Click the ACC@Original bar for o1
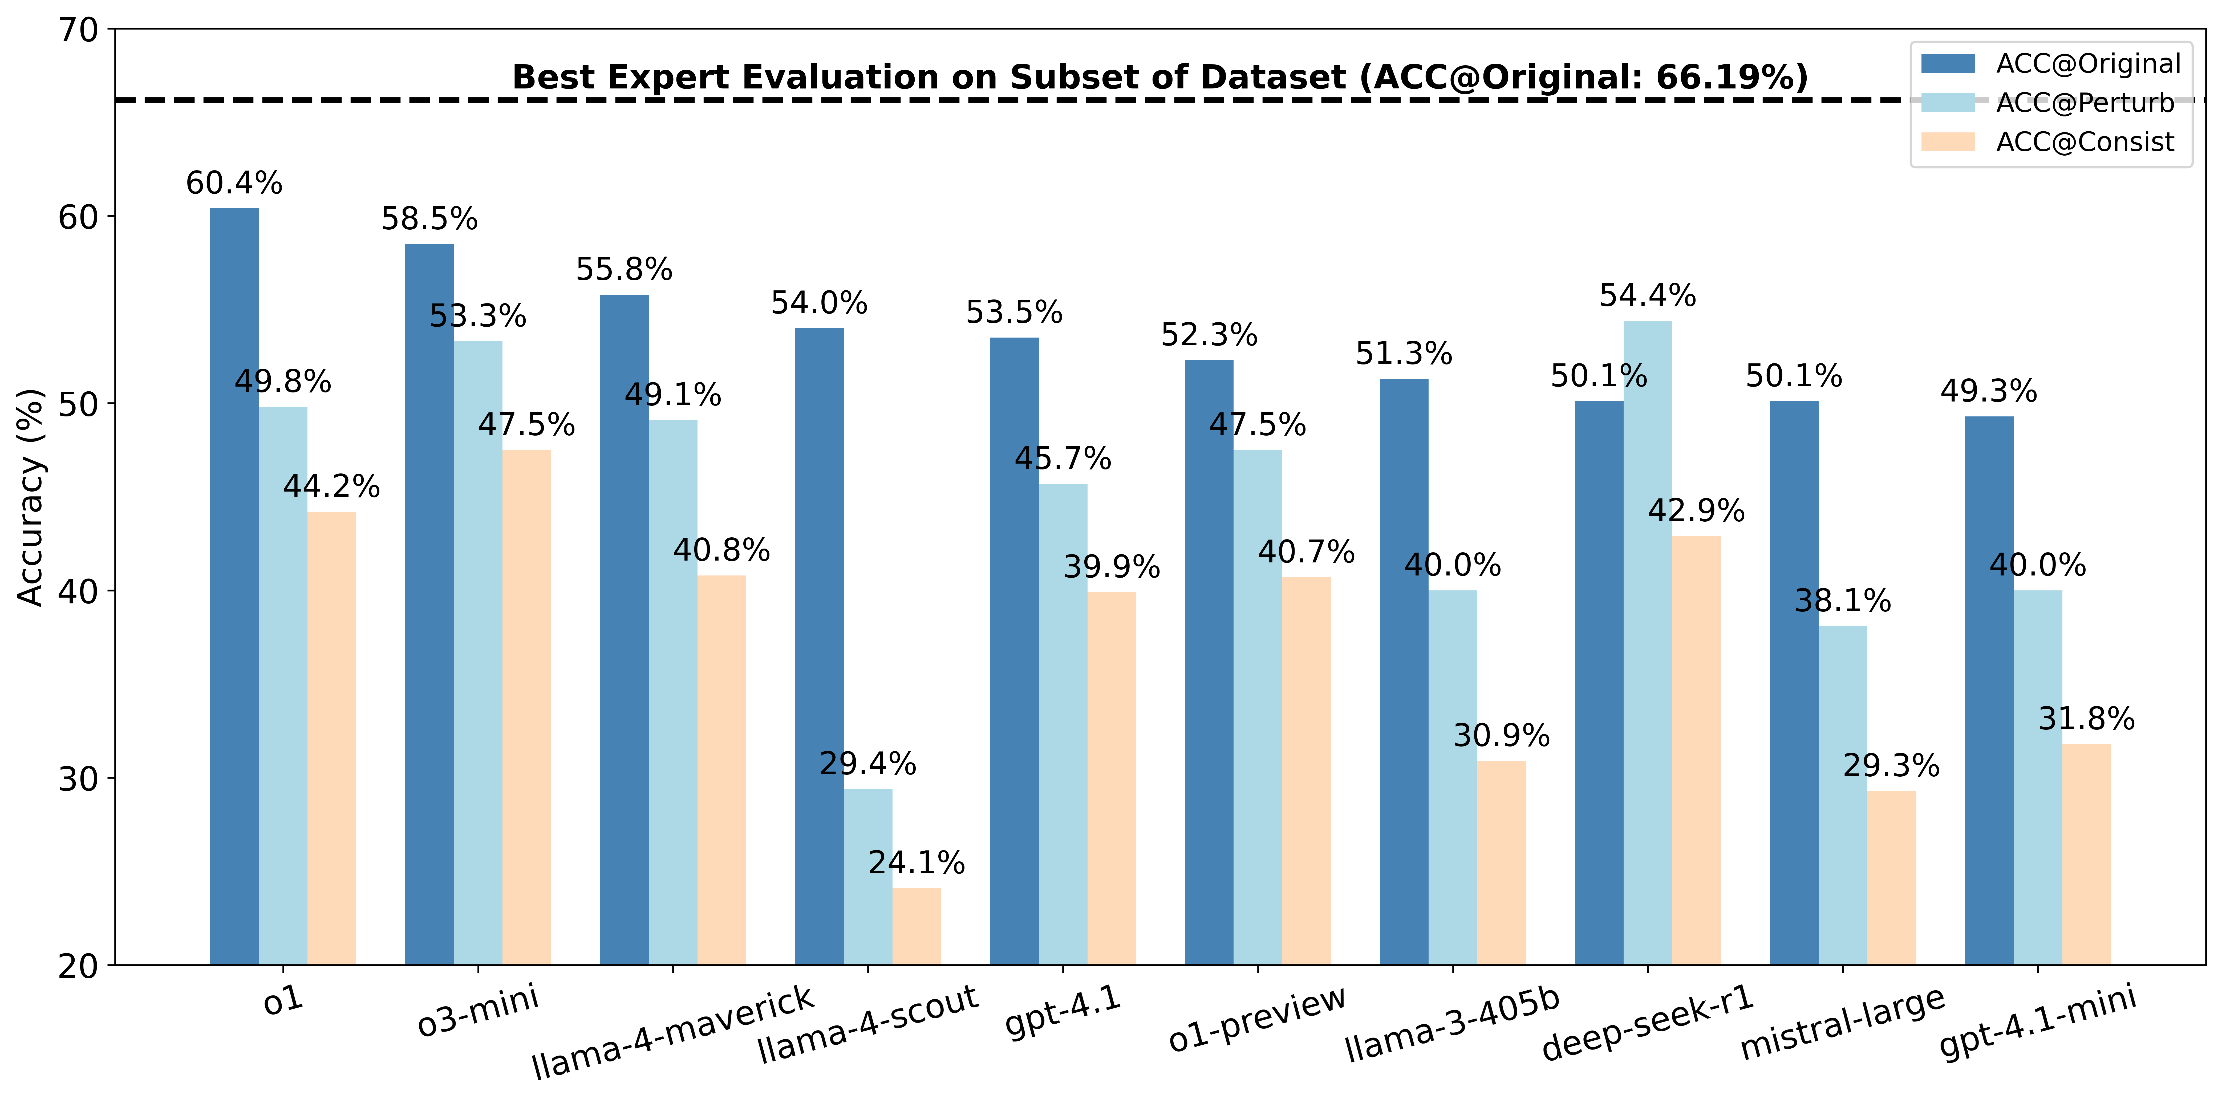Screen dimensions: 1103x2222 point(234,586)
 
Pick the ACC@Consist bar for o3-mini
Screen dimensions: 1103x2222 point(526,707)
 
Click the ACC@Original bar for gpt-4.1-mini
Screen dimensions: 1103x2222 point(1989,690)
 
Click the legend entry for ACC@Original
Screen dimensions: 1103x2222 point(2087,64)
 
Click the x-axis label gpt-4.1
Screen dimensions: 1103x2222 point(1063,1011)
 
